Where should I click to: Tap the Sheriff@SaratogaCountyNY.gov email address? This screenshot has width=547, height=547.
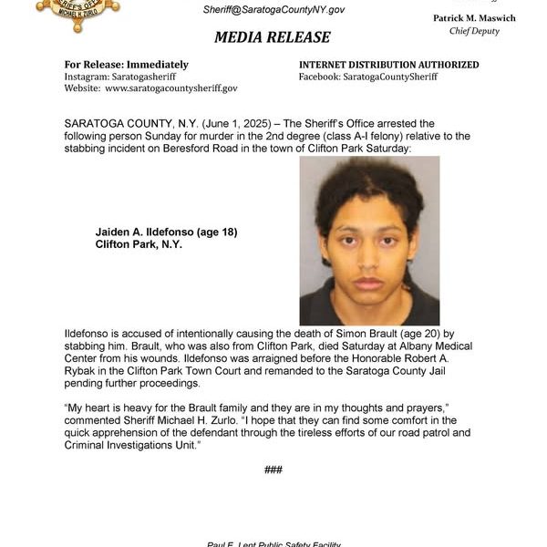pyautogui.click(x=273, y=8)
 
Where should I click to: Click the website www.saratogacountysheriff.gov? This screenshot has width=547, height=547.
pyautogui.click(x=170, y=88)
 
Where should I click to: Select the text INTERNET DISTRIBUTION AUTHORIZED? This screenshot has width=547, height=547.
pyautogui.click(x=389, y=65)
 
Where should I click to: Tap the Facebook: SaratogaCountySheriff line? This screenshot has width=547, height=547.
pyautogui.click(x=368, y=77)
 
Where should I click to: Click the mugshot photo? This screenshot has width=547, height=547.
pyautogui.click(x=369, y=241)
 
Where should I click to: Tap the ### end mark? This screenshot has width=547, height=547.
pyautogui.click(x=273, y=470)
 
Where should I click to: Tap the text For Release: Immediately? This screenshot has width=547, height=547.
pyautogui.click(x=127, y=65)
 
